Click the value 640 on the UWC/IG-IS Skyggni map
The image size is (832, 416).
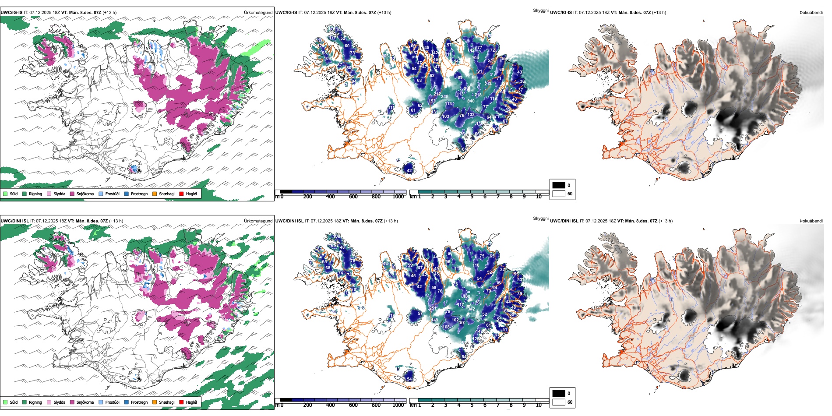tap(471, 101)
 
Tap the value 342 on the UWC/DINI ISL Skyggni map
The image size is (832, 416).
tap(471, 309)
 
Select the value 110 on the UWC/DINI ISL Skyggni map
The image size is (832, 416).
tap(476, 265)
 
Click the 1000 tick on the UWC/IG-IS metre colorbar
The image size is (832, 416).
tap(398, 197)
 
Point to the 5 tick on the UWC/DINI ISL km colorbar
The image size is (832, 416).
tap(472, 405)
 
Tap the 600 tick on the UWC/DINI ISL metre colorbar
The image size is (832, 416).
tap(353, 405)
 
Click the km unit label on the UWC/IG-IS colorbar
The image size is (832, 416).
tap(413, 197)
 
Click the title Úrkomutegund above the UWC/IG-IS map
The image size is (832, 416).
tap(258, 13)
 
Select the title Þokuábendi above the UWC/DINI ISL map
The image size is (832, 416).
tap(811, 221)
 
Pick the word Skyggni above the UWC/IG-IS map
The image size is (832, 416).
tap(540, 10)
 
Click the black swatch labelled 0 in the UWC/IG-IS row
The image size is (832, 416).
tap(559, 185)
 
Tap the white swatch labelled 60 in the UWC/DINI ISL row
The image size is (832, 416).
tap(559, 402)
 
